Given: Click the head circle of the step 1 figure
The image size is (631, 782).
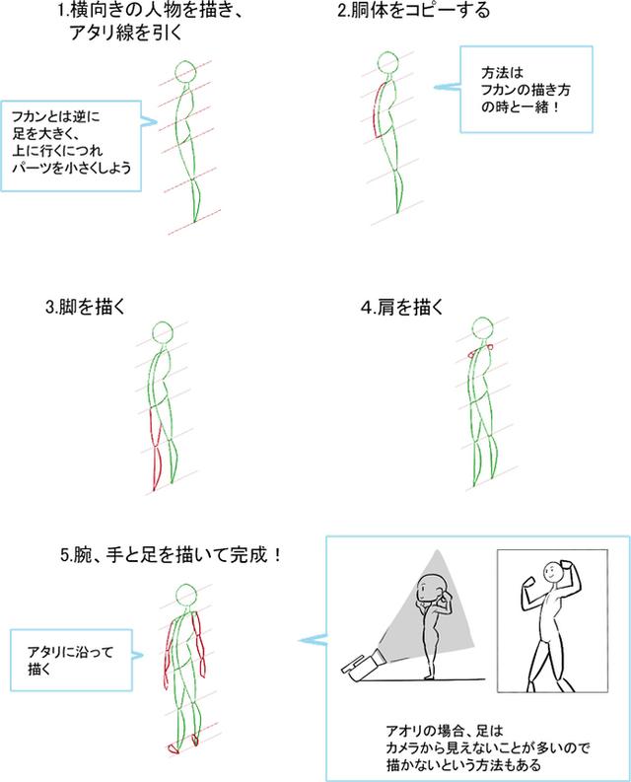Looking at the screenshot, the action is (x=185, y=72).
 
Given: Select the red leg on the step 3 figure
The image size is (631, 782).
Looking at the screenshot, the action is (x=156, y=449).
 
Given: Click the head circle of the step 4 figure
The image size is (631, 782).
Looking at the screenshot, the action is (x=482, y=328).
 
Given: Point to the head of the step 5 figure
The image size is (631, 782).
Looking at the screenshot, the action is (x=186, y=596).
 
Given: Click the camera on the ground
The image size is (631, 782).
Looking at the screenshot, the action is (x=363, y=666).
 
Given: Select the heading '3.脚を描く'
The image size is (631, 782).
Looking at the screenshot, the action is (x=85, y=307).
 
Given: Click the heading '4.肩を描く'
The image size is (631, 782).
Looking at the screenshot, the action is (x=402, y=308).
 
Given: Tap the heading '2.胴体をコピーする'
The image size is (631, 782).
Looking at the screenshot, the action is (x=413, y=11).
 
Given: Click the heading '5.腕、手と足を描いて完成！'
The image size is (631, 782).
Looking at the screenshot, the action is (x=173, y=554).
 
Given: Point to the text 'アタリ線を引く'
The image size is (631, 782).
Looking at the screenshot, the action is (x=125, y=33).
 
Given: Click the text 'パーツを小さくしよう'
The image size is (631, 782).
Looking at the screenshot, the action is (x=72, y=168).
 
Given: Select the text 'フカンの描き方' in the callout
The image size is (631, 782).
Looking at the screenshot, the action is (x=526, y=90).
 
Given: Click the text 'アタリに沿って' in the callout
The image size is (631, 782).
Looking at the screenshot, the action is (x=71, y=652).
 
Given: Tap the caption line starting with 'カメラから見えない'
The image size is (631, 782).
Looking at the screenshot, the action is (x=488, y=747).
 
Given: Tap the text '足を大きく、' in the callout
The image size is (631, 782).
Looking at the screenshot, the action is (x=46, y=134).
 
